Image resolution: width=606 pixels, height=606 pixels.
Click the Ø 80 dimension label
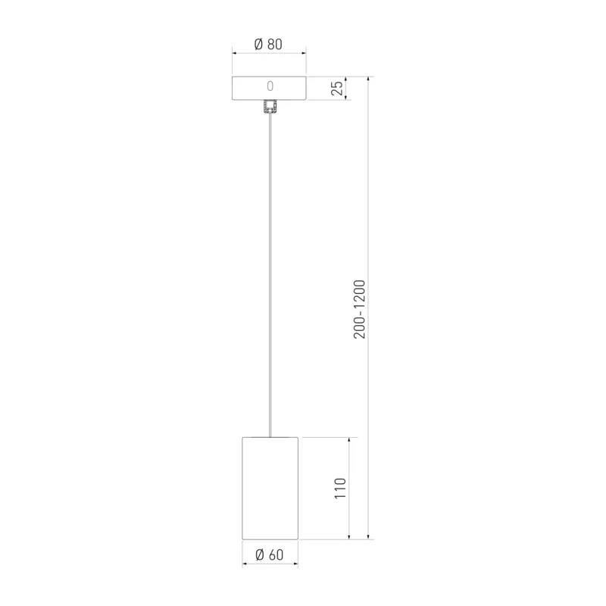(268, 44)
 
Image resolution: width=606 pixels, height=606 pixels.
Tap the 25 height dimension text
(337, 88)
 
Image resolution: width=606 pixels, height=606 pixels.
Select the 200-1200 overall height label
(359, 309)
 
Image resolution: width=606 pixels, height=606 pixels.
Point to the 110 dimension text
(340, 488)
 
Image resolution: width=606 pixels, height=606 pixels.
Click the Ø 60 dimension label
(270, 554)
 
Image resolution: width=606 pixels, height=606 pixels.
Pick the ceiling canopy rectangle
(269, 88)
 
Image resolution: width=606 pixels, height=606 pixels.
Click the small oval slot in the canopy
(270, 86)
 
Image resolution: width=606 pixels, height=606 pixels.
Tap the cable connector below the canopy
(270, 107)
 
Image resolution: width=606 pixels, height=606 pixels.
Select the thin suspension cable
(270, 275)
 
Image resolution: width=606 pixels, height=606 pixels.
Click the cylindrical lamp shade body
(270, 488)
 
